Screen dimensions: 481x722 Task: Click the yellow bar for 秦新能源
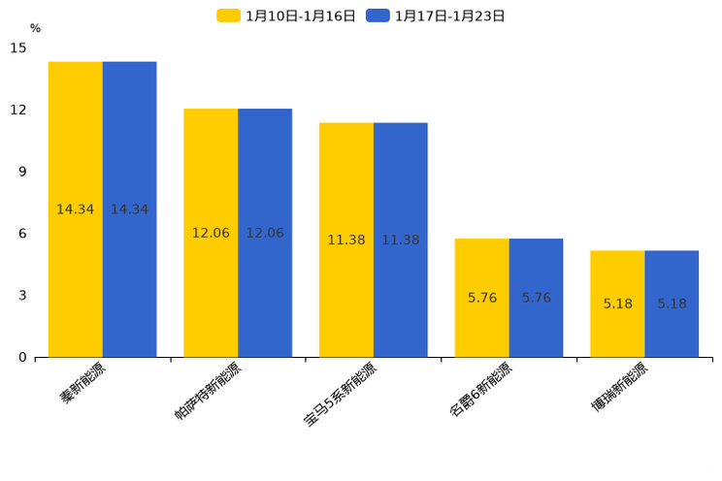[76, 209]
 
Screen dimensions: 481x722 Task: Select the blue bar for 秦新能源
[130, 209]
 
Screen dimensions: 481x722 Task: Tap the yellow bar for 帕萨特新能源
[211, 233]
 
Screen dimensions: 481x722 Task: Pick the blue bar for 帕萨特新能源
[265, 233]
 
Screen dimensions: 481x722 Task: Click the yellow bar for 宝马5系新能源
[346, 240]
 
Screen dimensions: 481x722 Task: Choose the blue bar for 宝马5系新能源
[401, 240]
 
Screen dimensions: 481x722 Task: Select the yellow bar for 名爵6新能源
[482, 298]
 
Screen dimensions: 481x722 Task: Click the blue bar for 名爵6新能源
[537, 298]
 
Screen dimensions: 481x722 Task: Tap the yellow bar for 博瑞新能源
[617, 304]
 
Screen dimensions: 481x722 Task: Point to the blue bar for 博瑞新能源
[672, 304]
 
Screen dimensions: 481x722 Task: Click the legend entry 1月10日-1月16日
[286, 16]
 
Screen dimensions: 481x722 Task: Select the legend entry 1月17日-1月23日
[436, 16]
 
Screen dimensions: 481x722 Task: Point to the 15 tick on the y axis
[18, 48]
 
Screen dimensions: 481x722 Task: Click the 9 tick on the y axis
[22, 172]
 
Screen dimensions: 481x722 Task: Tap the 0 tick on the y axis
[22, 357]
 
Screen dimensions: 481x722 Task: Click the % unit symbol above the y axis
[35, 28]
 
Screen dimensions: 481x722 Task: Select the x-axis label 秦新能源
[84, 384]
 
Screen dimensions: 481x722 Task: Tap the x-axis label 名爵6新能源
[480, 390]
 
